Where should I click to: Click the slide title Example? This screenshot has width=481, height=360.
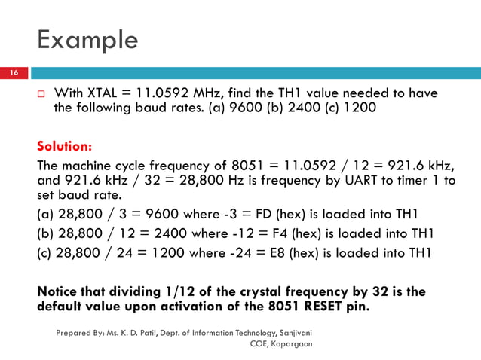click(x=87, y=39)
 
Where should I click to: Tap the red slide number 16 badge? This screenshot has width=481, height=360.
click(x=14, y=73)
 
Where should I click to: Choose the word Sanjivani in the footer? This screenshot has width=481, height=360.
click(x=297, y=331)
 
